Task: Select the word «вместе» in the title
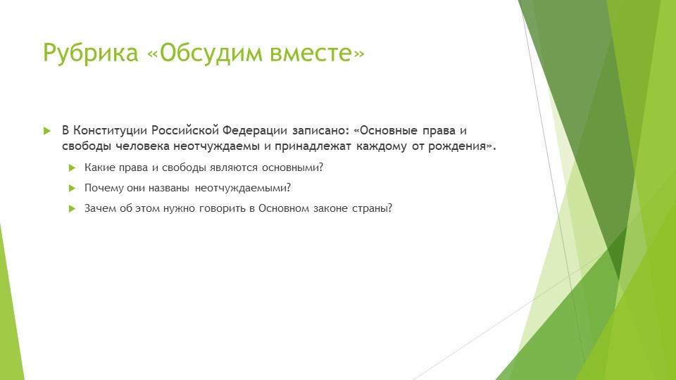pos(321,53)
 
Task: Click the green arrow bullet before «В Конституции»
pos(47,132)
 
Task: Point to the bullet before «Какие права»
pos(72,167)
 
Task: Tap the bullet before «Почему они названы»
pos(72,188)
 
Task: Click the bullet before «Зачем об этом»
pos(72,209)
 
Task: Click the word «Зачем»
pos(99,209)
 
